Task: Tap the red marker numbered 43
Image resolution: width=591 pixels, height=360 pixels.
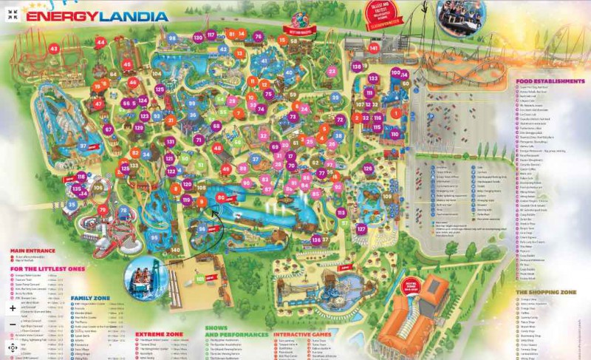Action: (x=54, y=49)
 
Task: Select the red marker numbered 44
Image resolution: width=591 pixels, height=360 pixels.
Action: (x=100, y=43)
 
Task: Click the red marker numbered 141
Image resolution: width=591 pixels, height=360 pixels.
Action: (x=374, y=48)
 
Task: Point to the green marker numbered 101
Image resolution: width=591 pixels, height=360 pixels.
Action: (x=200, y=279)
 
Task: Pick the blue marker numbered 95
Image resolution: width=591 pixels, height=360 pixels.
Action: (x=154, y=237)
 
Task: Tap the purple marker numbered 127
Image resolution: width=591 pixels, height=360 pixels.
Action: (x=361, y=229)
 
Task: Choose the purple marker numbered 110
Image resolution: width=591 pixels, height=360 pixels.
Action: (x=394, y=134)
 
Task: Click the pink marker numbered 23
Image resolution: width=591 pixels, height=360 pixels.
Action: (x=332, y=72)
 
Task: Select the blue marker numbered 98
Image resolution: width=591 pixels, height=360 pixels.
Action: (x=172, y=38)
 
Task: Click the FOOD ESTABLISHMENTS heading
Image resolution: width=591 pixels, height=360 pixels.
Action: (x=550, y=81)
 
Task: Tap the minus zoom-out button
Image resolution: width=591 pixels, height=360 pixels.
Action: (x=13, y=325)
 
